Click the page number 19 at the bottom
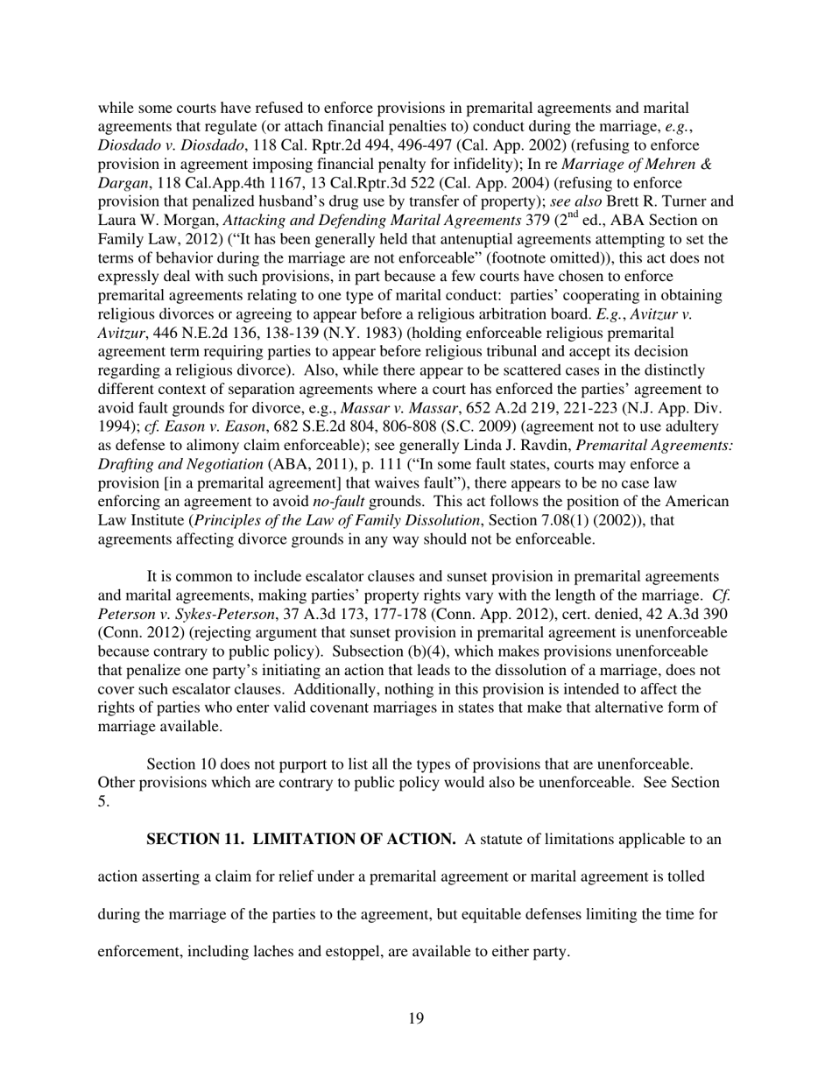[416, 1017]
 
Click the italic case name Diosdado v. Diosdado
[165, 145]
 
